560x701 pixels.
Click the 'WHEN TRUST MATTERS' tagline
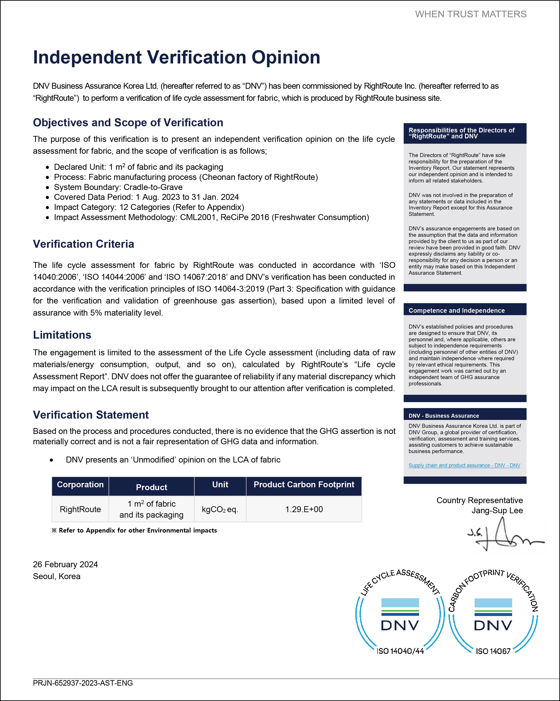click(x=471, y=14)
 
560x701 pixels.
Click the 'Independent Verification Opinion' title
click(x=177, y=58)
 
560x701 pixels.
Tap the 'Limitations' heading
click(x=62, y=335)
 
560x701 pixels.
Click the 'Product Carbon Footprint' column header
click(x=304, y=485)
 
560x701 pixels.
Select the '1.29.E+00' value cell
click(x=304, y=509)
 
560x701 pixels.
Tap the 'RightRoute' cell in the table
click(x=80, y=509)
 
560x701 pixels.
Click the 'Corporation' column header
click(x=80, y=485)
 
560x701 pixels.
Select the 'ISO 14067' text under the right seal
click(x=493, y=651)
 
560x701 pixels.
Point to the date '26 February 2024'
click(x=65, y=564)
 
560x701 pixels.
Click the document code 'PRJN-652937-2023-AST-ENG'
click(x=83, y=683)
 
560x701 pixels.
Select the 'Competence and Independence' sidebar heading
click(x=457, y=311)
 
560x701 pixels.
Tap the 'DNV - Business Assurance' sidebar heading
click(x=444, y=416)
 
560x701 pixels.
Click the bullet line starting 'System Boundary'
click(x=118, y=187)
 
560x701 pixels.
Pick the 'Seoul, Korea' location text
click(x=57, y=576)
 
